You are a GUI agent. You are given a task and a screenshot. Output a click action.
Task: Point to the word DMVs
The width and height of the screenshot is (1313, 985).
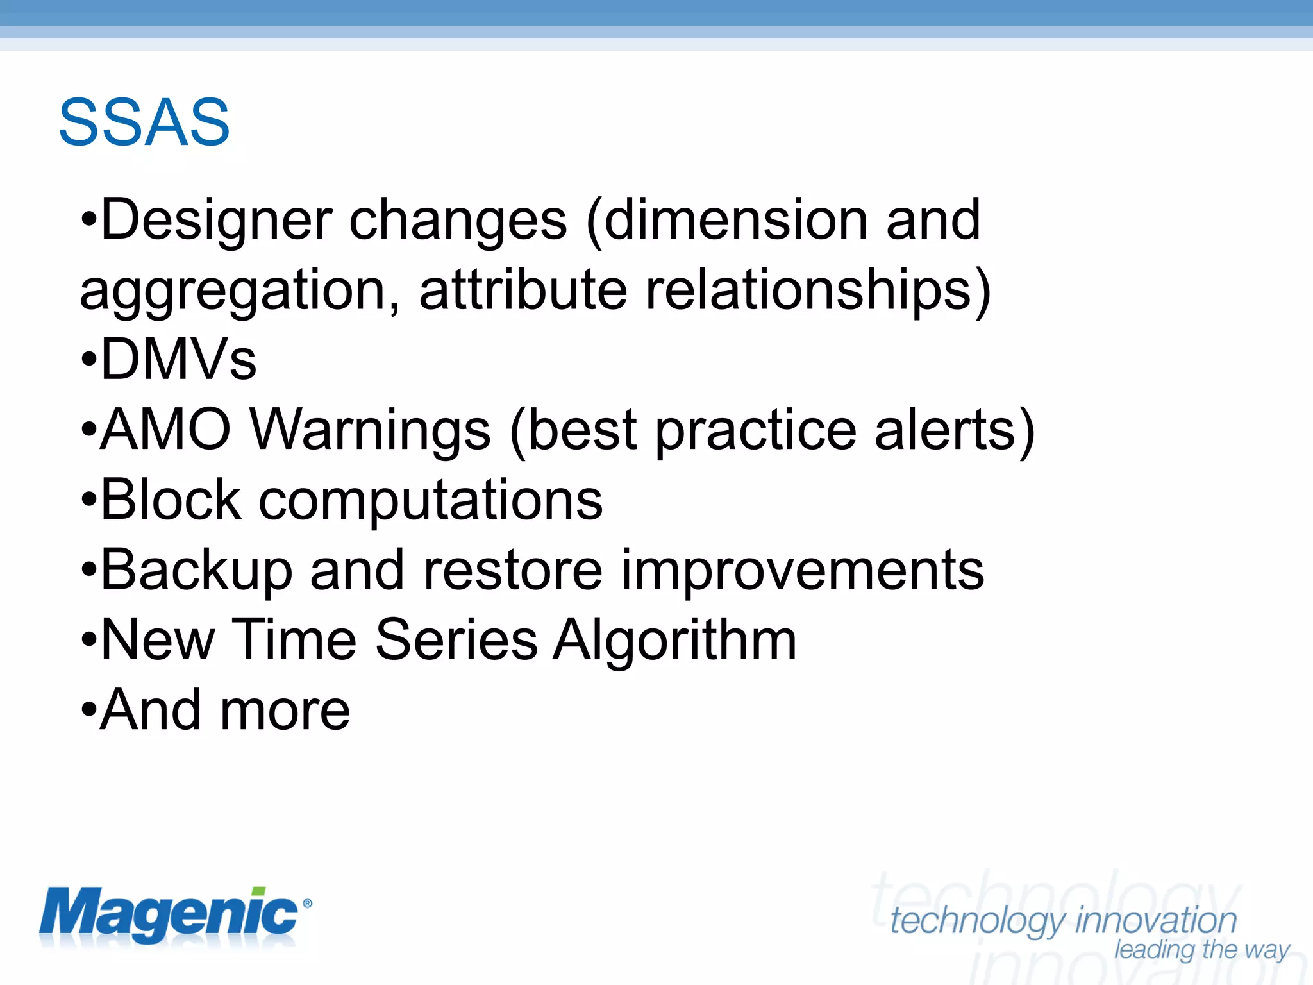pyautogui.click(x=178, y=360)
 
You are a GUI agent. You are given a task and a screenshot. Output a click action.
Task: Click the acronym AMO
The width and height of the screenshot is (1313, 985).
pyautogui.click(x=165, y=430)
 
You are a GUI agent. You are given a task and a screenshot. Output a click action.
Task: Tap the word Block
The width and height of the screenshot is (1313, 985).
pyautogui.click(x=171, y=500)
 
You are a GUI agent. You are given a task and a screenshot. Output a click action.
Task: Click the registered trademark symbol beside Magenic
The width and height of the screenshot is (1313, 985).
pyautogui.click(x=307, y=904)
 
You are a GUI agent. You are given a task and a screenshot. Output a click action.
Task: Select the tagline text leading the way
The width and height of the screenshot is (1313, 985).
pyautogui.click(x=1201, y=949)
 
